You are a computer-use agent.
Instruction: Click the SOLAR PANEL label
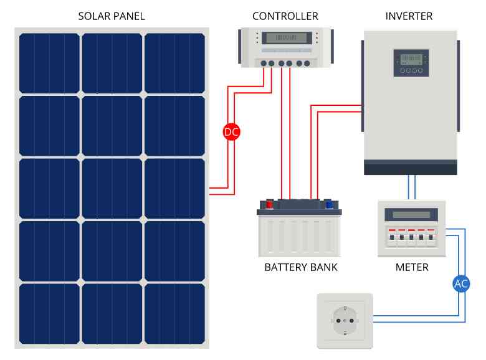point(111,16)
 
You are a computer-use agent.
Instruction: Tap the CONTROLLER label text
point(285,16)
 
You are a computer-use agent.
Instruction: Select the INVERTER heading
point(409,16)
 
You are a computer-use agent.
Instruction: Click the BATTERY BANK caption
point(301,267)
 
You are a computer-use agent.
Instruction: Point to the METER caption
point(412,267)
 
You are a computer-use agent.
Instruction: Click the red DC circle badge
point(231,132)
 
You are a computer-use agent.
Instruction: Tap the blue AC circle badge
point(461,284)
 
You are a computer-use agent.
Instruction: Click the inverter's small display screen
point(411,59)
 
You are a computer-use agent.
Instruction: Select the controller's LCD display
point(285,37)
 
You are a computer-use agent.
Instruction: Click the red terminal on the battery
point(269,204)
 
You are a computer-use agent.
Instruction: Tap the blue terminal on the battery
point(328,204)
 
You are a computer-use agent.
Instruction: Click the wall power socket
point(345,321)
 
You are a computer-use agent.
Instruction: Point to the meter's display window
point(411,214)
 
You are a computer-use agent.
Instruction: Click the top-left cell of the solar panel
point(49,63)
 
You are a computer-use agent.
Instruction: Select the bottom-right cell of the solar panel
point(175,313)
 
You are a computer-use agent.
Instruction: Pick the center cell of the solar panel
point(112,188)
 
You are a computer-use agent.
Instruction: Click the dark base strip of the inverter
point(411,168)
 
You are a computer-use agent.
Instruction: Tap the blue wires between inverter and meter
point(411,187)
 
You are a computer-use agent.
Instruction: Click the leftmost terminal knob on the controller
point(264,64)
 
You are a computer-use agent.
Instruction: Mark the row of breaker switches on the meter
point(411,237)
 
